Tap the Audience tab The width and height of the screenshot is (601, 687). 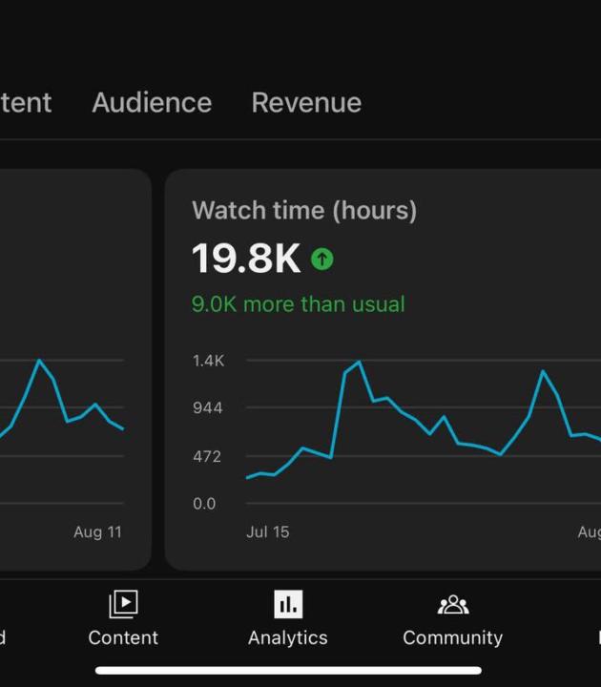152,103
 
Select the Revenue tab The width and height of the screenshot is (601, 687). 306,103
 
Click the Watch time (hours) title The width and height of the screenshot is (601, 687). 304,211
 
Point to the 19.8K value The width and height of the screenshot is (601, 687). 246,259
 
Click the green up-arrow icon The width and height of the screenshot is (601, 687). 322,259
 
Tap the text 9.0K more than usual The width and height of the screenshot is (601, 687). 298,304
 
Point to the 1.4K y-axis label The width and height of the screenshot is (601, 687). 208,361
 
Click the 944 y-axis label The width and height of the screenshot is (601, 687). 207,408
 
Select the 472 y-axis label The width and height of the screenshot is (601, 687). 207,456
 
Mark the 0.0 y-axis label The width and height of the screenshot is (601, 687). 204,504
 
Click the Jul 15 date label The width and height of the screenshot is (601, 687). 267,532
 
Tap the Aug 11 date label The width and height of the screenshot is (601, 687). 97,532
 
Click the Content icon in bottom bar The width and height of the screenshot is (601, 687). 123,604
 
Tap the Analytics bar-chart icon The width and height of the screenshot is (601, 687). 287,604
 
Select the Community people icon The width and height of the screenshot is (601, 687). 452,605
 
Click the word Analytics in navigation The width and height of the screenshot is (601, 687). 287,637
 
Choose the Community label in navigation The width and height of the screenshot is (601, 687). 452,637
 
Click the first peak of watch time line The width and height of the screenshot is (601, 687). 359,363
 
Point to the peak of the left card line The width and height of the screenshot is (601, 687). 39,361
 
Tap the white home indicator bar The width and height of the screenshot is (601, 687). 288,671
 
